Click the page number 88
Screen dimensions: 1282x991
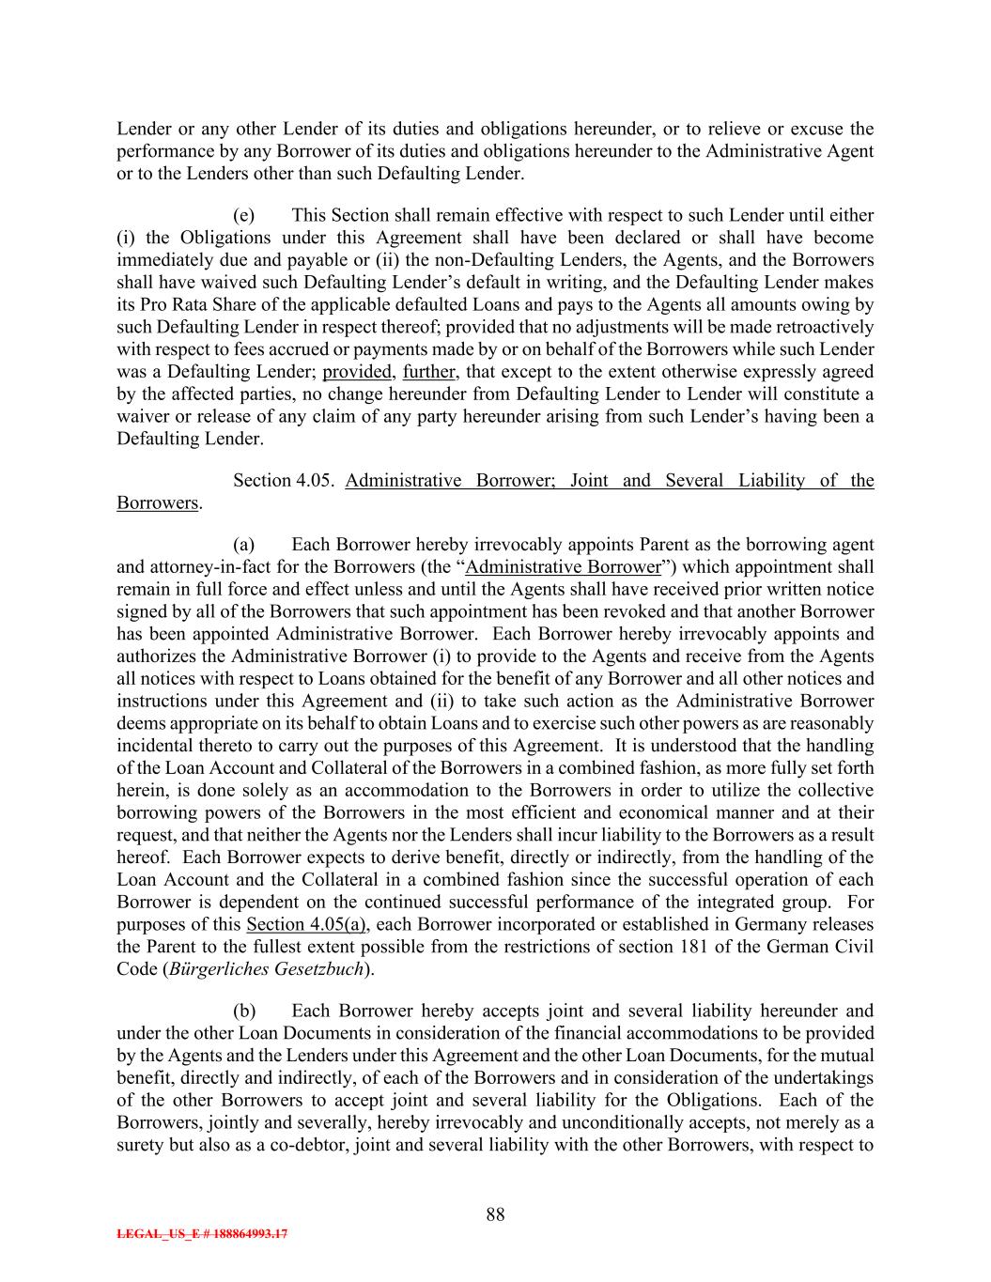(495, 1214)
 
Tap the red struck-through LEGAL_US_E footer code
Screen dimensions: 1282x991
(202, 1235)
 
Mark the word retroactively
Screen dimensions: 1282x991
(823, 327)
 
